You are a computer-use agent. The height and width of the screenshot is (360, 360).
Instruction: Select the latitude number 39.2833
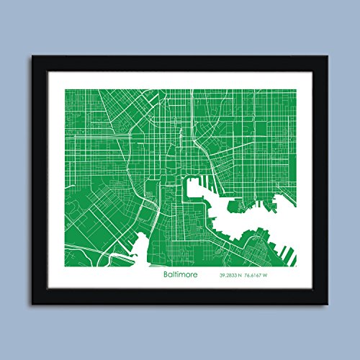[x=230, y=275]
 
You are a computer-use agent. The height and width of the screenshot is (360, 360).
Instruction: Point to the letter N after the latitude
[x=246, y=275]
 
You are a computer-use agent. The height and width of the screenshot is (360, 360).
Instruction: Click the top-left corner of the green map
[x=66, y=89]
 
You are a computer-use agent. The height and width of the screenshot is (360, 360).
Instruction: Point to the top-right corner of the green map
[x=295, y=89]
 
